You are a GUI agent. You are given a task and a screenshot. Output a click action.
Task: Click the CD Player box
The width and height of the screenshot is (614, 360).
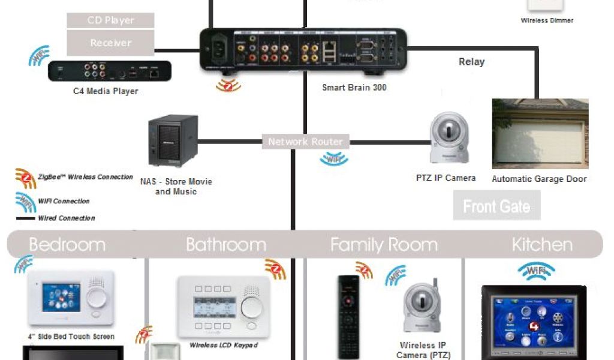click(x=110, y=20)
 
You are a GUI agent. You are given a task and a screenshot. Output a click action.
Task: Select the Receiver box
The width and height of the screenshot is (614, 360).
click(x=110, y=43)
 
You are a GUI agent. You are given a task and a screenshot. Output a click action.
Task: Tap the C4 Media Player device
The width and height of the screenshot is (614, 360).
click(x=110, y=71)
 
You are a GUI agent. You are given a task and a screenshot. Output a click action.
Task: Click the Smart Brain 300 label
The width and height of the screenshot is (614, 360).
click(x=354, y=88)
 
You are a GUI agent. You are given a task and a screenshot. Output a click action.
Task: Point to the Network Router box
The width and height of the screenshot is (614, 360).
click(x=305, y=142)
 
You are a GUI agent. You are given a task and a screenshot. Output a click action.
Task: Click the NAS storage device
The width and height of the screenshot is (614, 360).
click(x=173, y=142)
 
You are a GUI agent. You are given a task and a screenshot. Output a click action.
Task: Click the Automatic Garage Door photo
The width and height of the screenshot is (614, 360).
click(x=540, y=134)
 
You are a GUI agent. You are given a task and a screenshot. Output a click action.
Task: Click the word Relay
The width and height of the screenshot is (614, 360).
click(x=471, y=62)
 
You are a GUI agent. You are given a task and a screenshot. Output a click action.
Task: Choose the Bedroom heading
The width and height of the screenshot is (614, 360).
click(x=67, y=245)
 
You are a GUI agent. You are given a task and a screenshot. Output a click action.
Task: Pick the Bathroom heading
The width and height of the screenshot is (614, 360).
click(x=225, y=245)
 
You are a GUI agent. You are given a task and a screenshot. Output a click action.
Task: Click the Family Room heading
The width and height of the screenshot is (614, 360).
click(x=384, y=245)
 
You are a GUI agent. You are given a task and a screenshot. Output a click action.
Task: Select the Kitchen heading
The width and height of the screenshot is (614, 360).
click(x=542, y=245)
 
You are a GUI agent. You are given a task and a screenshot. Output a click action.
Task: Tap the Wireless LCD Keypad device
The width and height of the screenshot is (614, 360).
click(x=224, y=307)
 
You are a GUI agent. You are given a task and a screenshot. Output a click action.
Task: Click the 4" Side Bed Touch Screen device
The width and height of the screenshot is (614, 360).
click(x=71, y=298)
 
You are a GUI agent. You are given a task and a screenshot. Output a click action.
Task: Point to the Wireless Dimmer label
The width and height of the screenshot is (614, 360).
click(x=547, y=20)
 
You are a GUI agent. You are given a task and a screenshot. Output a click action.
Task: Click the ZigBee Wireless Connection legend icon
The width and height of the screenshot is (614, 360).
click(x=25, y=178)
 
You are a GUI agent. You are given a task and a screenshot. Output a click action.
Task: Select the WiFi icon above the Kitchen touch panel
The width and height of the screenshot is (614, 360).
click(x=536, y=271)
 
